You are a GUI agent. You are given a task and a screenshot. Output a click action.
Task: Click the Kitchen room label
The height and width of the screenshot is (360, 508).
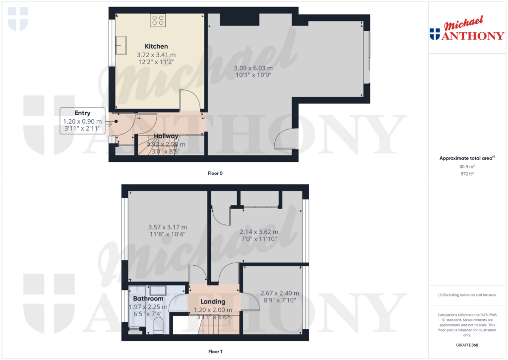click(x=156, y=46)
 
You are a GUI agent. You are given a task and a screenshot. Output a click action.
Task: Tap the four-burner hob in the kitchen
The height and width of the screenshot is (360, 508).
click(x=158, y=20)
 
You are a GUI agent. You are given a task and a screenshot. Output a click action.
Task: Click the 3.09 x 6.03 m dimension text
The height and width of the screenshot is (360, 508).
click(x=253, y=68)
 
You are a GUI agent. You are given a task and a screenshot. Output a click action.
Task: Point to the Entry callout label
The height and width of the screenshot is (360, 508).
click(x=82, y=113)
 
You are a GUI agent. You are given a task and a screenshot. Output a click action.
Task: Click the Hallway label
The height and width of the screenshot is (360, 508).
click(x=166, y=136)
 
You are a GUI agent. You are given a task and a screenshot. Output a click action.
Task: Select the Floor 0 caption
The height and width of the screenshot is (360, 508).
click(x=215, y=173)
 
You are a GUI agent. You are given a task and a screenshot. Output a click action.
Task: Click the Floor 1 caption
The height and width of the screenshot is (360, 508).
click(x=215, y=352)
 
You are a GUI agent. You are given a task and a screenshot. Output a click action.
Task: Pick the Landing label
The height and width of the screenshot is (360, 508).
click(x=213, y=301)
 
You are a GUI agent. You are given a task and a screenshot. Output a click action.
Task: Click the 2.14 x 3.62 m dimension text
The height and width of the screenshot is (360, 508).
click(x=259, y=232)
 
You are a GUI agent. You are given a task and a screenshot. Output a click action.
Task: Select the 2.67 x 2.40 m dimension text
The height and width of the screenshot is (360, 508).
click(x=280, y=293)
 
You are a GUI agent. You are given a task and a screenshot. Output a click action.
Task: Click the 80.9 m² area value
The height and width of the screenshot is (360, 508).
click(x=467, y=167)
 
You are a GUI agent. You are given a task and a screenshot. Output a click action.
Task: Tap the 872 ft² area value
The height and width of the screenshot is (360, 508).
click(x=467, y=175)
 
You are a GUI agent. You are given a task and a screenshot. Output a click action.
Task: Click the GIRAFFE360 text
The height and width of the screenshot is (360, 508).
click(x=467, y=345)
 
